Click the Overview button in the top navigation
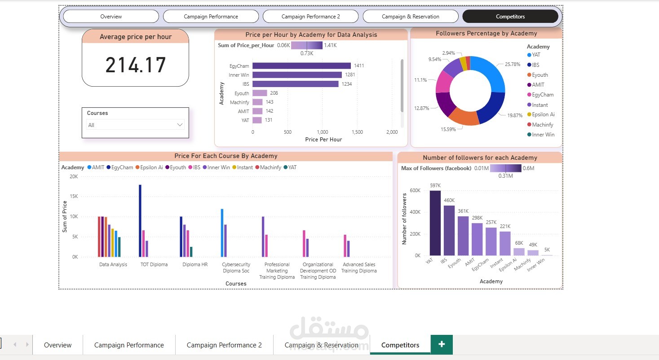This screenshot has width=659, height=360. coord(111,17)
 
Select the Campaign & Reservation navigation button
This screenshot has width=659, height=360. coord(410,17)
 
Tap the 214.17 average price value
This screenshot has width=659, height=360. coord(136,65)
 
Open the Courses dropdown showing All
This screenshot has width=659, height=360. coord(135,125)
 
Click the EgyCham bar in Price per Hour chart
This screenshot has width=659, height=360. coord(301,66)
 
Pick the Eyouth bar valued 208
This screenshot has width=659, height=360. coord(260,93)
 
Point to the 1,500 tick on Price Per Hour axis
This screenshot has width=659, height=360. coord(357,132)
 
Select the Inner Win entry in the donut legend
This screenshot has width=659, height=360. coord(543,135)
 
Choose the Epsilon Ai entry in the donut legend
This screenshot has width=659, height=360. coord(543,114)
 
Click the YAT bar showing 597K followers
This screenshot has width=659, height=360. coord(435,223)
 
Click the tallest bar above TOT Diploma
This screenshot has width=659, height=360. coord(140,220)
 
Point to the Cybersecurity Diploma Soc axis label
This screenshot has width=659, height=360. coord(236,268)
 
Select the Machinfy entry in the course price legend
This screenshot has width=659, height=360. coord(270,167)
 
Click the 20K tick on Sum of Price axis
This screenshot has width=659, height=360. coord(73,176)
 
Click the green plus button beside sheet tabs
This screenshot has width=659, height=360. coord(442,344)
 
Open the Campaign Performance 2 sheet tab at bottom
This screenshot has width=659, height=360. coord(224,345)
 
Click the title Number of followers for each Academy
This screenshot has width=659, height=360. coord(480,158)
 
